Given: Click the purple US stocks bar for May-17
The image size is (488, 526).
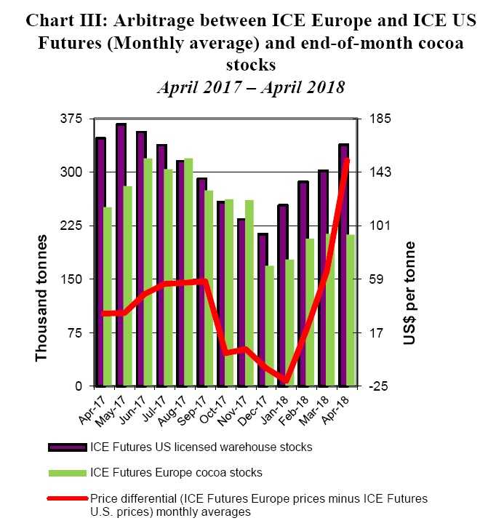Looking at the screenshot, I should [121, 255].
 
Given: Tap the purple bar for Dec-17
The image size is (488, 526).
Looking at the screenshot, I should [263, 309].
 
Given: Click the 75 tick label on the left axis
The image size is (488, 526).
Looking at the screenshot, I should [76, 333].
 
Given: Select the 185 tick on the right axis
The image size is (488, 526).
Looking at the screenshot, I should [382, 119].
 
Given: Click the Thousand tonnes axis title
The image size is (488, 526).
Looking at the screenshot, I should [41, 298].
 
